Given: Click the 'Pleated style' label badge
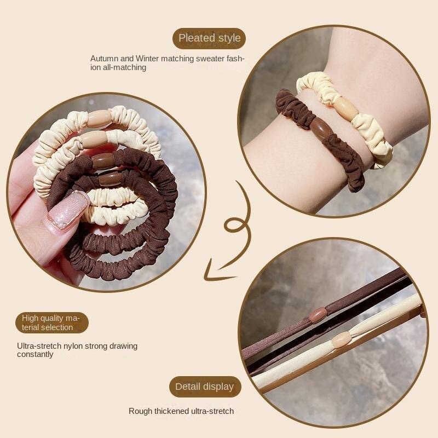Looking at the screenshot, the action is click(x=209, y=38).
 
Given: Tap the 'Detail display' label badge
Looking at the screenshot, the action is click(x=205, y=387).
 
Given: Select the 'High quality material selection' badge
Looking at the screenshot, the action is click(x=51, y=322).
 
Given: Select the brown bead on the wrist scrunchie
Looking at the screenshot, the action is click(x=321, y=128).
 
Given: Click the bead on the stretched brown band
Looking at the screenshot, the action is click(x=318, y=316).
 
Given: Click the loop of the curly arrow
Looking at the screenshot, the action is click(x=234, y=225).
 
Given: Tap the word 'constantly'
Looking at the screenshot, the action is click(x=35, y=354).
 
